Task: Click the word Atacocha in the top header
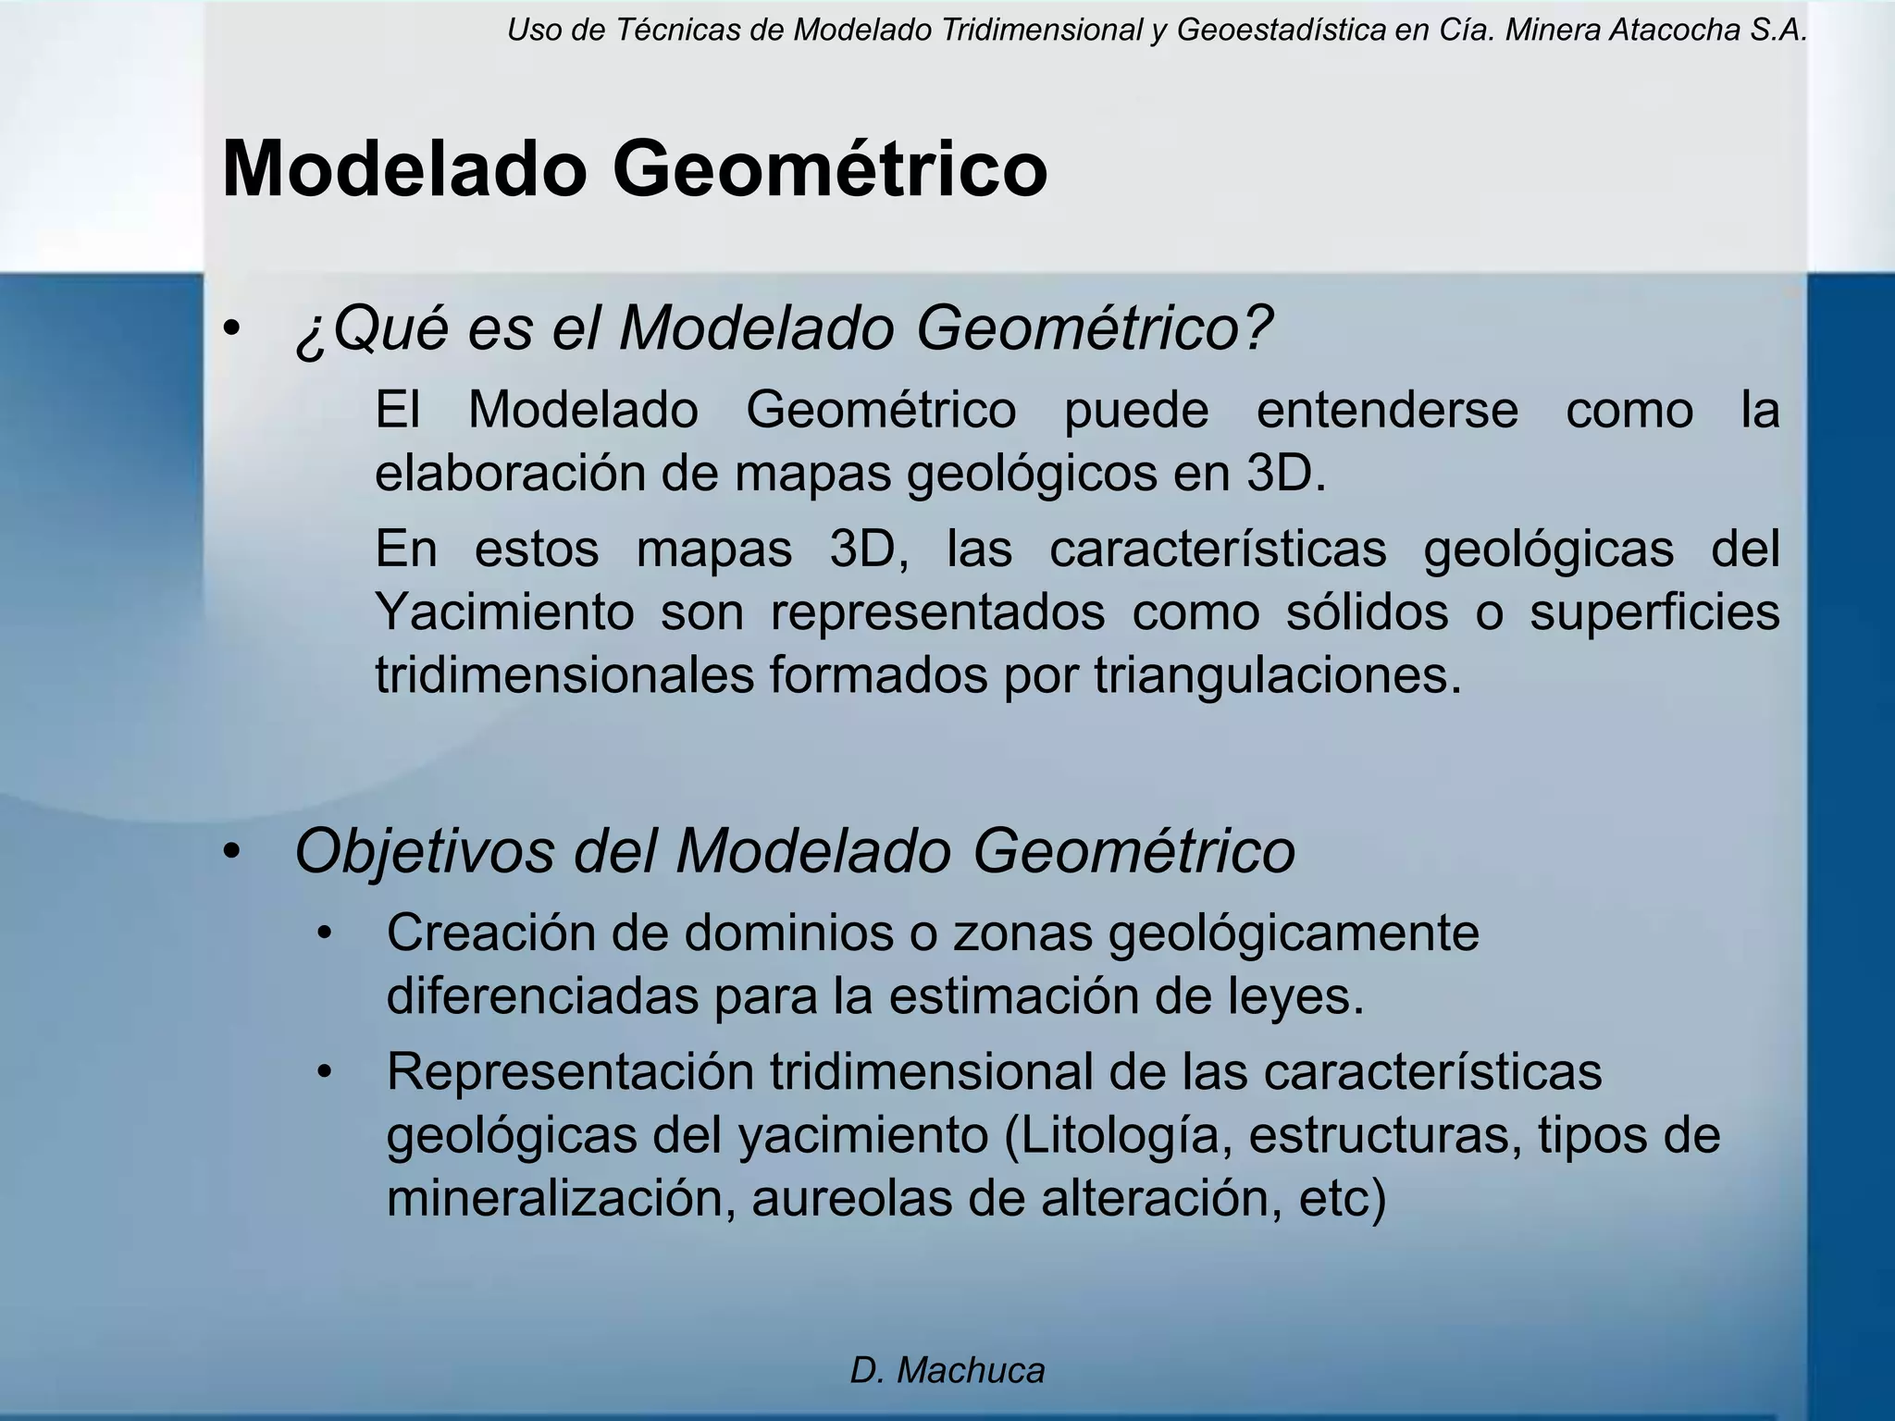click(x=1662, y=31)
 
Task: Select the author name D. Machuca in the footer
click(x=947, y=1370)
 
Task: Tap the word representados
click(x=937, y=613)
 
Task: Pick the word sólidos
click(x=1367, y=612)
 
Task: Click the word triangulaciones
click(x=1277, y=675)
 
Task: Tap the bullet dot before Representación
click(x=323, y=1073)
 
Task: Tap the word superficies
click(x=1653, y=613)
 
